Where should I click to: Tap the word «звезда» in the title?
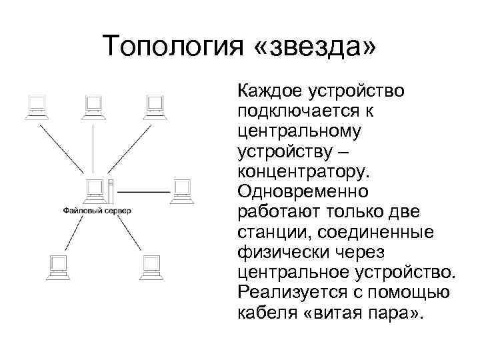tap(318, 46)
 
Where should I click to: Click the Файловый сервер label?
tap(97, 211)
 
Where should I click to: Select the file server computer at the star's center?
tap(97, 192)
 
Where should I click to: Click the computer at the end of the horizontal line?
tap(181, 191)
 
